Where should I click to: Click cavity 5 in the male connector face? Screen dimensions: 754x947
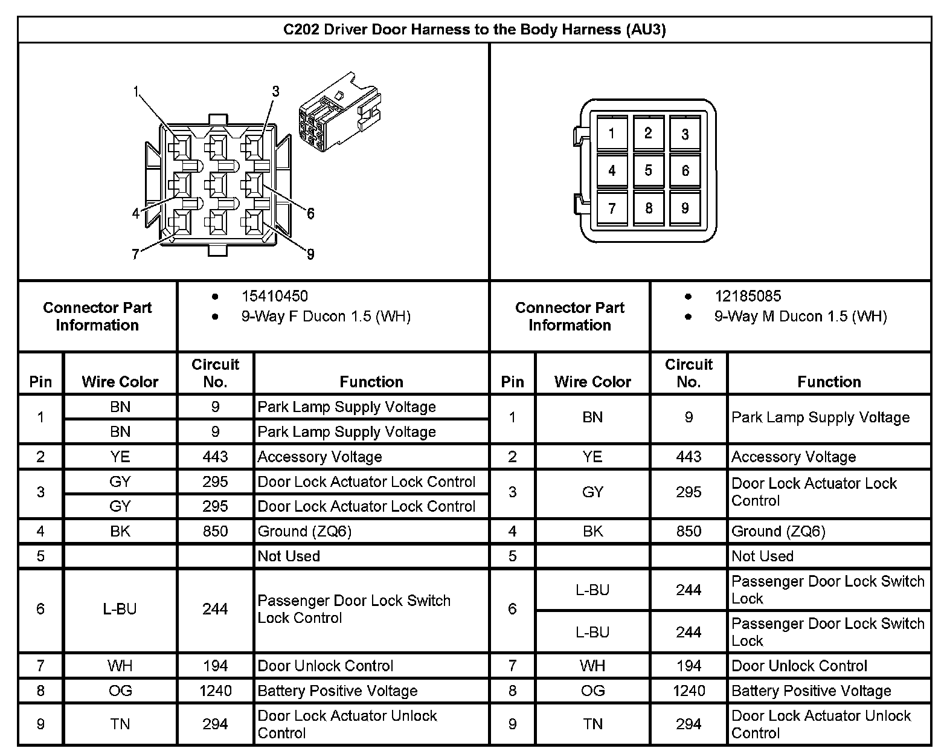[x=648, y=170]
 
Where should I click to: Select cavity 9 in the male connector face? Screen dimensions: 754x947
[x=685, y=208]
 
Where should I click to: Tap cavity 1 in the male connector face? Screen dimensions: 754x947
[x=611, y=134]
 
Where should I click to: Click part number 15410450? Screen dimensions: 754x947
[x=274, y=296]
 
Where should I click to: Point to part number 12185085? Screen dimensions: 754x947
[x=748, y=296]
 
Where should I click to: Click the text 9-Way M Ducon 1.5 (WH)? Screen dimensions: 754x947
[x=800, y=317]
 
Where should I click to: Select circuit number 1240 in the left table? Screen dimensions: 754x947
[x=215, y=691]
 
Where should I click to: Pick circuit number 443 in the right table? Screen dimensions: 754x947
[x=689, y=457]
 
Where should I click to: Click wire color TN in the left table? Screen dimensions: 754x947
[x=120, y=724]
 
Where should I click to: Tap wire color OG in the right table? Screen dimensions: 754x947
[x=592, y=691]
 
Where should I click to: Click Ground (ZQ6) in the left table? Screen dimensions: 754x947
[x=304, y=531]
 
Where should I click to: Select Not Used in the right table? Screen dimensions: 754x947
[x=762, y=556]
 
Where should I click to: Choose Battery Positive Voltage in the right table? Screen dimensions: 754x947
[x=811, y=691]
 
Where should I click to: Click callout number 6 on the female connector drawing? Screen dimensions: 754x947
[x=310, y=213]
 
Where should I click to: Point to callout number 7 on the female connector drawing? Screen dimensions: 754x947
[x=136, y=254]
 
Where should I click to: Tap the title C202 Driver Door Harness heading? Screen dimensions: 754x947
[x=475, y=30]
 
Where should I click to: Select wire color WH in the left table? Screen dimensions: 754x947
[x=120, y=666]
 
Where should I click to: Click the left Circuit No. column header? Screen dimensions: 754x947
[x=215, y=373]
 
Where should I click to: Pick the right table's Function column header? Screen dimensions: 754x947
[x=829, y=381]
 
